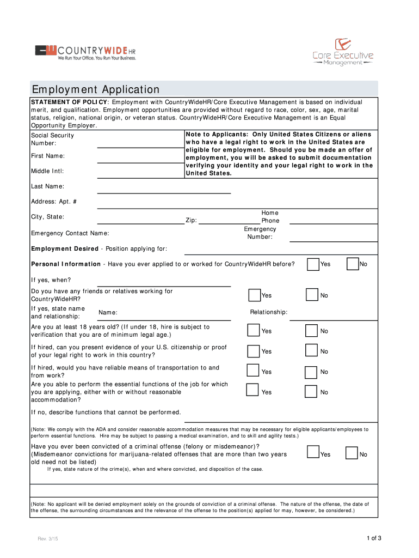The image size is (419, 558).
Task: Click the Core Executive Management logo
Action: (343, 52)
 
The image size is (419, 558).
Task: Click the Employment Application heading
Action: (96, 89)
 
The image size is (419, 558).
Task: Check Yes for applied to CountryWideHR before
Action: (313, 264)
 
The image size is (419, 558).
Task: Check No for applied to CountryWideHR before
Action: (353, 264)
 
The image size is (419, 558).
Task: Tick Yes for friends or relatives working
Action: (254, 295)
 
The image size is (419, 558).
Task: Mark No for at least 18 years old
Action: (311, 331)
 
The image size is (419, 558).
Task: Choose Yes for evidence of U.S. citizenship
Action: (253, 351)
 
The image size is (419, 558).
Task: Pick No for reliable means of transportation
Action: (311, 372)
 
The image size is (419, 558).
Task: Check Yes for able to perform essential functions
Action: (252, 390)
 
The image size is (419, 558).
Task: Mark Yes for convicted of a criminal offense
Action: (313, 452)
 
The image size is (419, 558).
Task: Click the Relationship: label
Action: (269, 312)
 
